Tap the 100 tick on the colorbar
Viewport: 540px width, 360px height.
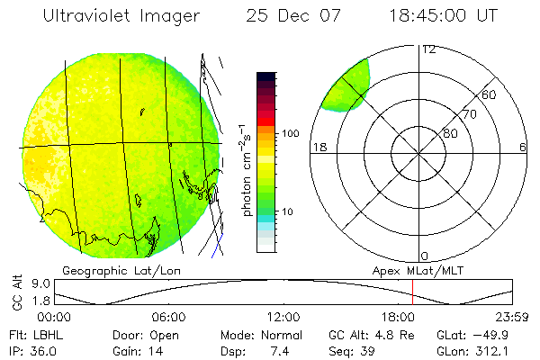coord(289,133)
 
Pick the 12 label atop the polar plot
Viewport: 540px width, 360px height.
coord(428,49)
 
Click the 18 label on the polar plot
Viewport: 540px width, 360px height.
coord(318,147)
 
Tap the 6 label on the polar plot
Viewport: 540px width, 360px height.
coord(523,147)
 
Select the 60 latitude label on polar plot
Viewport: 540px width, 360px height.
coord(490,94)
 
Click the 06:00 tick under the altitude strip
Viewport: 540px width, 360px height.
coord(169,317)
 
